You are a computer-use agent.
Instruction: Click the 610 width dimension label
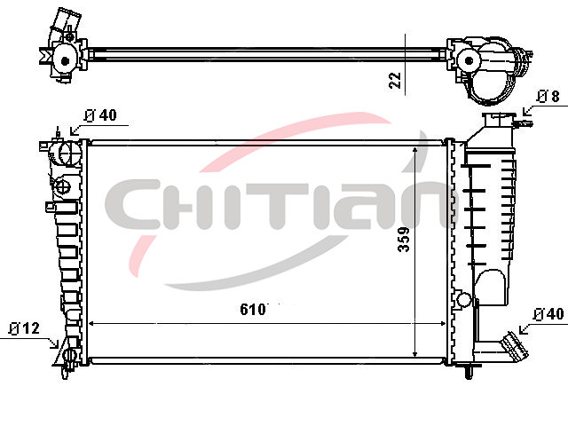[x=252, y=310]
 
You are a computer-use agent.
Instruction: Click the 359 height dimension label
[x=404, y=239]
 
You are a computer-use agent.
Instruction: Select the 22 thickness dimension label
[x=395, y=81]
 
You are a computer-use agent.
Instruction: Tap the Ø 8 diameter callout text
[x=548, y=97]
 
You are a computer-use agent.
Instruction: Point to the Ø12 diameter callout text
[x=24, y=328]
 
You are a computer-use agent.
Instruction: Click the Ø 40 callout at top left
[x=100, y=115]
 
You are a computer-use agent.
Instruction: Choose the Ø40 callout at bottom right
[x=548, y=313]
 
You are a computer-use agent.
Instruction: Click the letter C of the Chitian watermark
[x=133, y=204]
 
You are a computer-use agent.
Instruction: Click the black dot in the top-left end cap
[x=65, y=61]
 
